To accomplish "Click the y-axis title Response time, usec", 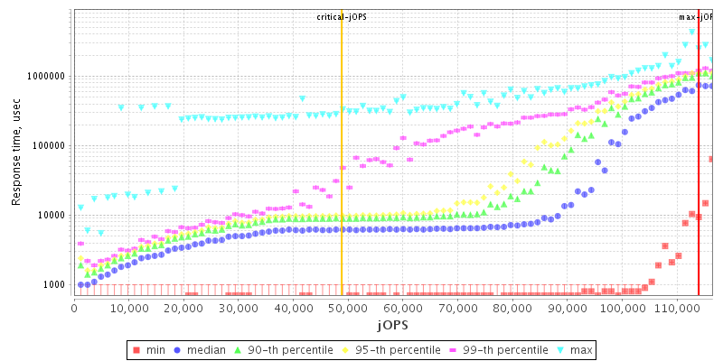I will [16, 152].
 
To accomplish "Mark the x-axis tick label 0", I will [74, 309].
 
